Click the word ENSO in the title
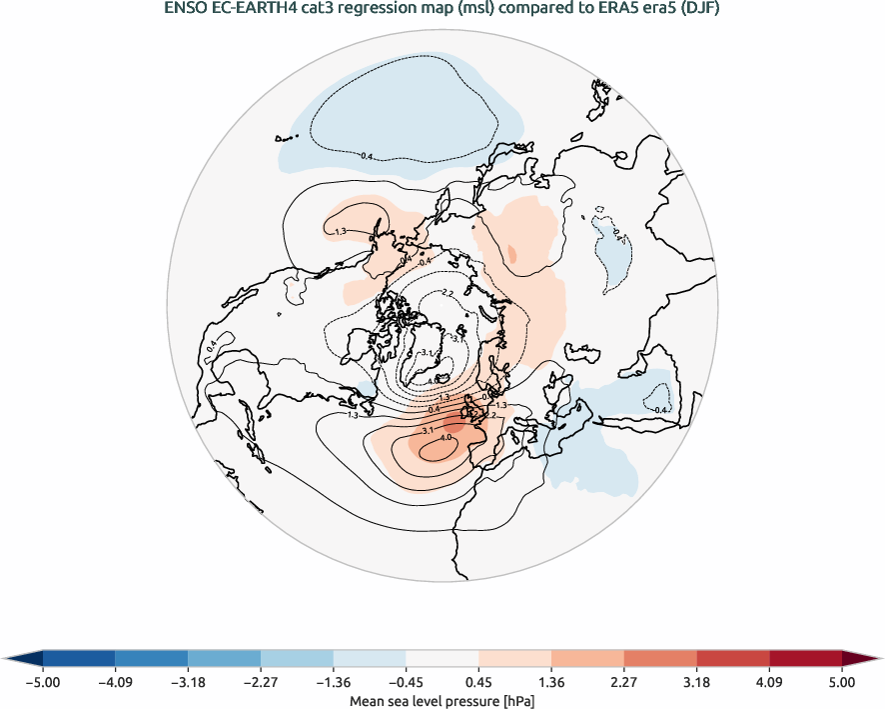point(185,10)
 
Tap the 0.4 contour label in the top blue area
point(366,156)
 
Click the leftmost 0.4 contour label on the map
point(212,347)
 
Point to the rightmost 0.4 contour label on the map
point(659,409)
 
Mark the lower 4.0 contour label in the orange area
point(446,438)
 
